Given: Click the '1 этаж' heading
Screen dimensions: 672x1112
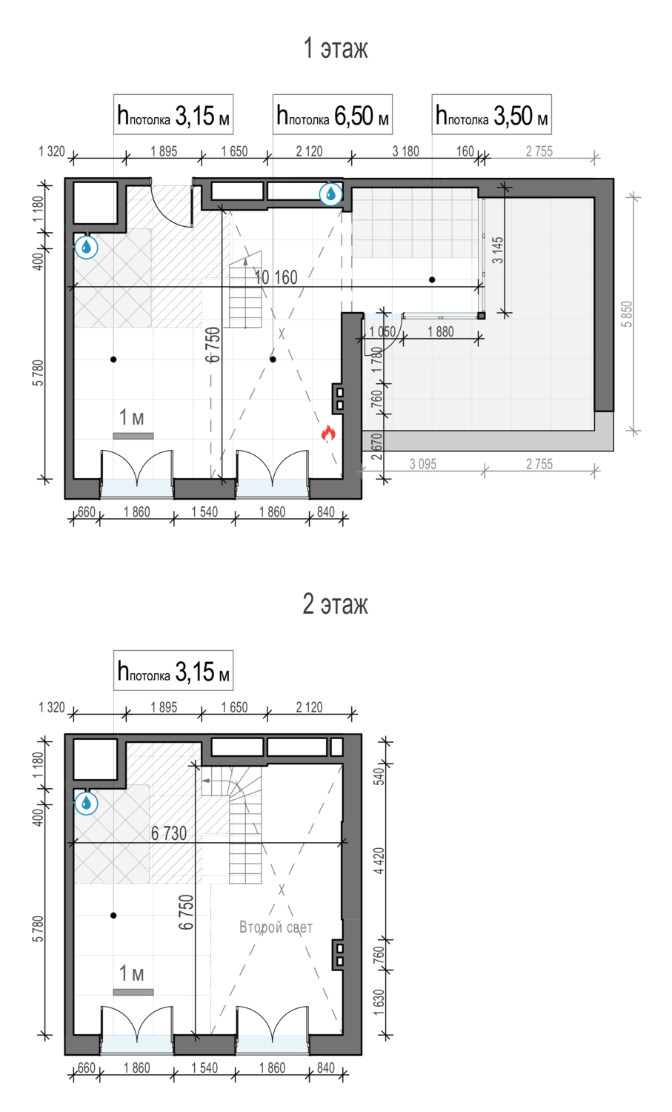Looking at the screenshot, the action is click(336, 48).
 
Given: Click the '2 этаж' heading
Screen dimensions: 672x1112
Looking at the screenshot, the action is click(336, 604).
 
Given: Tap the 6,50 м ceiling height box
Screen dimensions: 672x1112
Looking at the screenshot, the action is click(333, 115).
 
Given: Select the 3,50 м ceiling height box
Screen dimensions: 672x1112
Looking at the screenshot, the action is click(491, 115).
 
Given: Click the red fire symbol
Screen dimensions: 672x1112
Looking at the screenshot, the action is click(328, 434).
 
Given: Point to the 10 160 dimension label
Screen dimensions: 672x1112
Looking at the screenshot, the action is click(276, 277).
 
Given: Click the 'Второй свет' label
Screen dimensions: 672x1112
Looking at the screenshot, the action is click(276, 927).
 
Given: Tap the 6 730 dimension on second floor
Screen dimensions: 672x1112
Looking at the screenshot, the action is click(169, 833).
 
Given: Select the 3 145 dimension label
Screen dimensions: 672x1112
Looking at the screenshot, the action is click(497, 251).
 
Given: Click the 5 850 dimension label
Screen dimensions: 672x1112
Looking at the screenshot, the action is click(627, 314).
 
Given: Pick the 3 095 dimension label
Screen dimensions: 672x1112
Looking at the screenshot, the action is click(423, 464).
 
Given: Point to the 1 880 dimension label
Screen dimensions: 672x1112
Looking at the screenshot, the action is click(441, 331).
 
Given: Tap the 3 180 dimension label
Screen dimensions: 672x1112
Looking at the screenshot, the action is click(406, 151).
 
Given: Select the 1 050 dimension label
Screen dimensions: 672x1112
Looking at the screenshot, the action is click(382, 331).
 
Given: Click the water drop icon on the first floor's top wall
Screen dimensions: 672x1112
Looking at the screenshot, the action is click(330, 193).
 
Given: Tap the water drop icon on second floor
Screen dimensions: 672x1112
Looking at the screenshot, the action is click(87, 803).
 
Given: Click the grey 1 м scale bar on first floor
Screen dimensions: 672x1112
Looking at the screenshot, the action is click(133, 436).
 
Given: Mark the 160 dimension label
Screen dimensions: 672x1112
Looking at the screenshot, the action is click(465, 151).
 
